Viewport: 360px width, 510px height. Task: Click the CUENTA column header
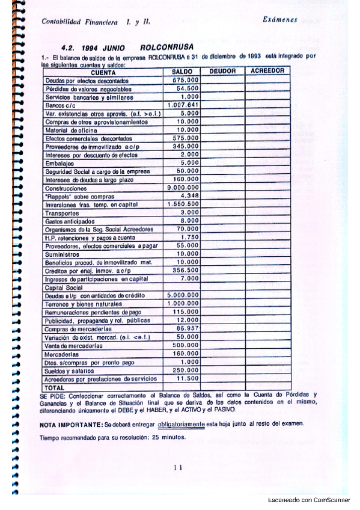coord(103,72)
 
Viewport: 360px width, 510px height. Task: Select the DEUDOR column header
coord(222,72)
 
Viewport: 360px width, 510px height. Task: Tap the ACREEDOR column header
coord(267,72)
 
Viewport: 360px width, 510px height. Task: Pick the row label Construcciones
coord(66,188)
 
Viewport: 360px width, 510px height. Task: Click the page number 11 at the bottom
coord(177,467)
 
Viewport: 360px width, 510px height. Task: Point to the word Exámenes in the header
coord(280,20)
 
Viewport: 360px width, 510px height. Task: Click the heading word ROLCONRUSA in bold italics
coord(165,47)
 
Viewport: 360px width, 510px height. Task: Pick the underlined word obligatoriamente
coord(182,425)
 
